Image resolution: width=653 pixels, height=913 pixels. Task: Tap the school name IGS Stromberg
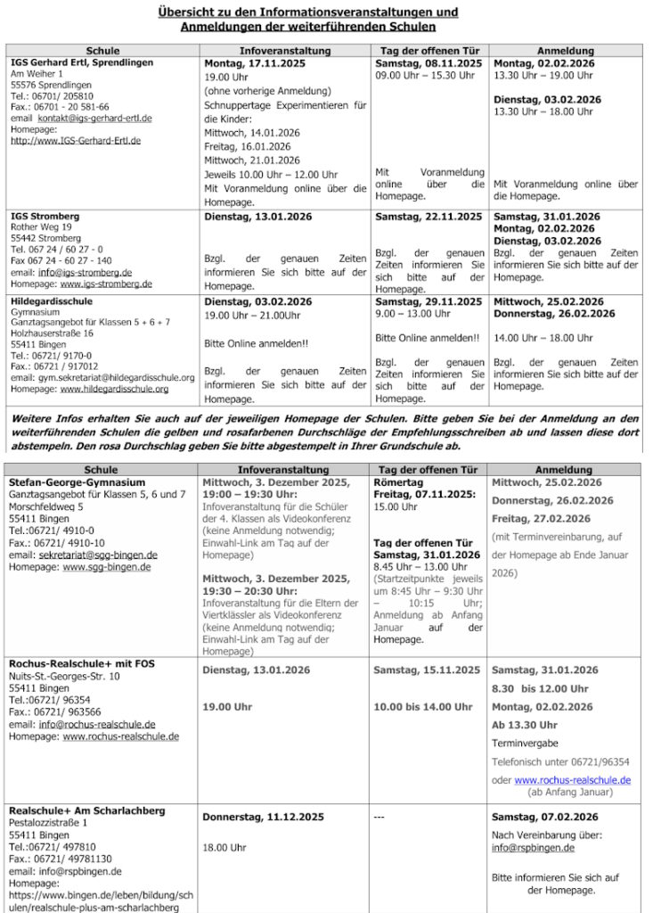coord(45,217)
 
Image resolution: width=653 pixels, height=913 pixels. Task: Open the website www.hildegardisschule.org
coord(114,389)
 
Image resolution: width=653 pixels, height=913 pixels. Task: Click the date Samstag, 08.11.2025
coord(429,64)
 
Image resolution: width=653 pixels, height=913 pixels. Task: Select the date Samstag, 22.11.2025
coord(429,217)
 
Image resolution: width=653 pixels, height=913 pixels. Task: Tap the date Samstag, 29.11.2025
coord(429,302)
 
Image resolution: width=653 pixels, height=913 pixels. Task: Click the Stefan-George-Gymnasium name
coord(78,482)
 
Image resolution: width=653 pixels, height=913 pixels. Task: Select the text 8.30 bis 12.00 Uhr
coord(540,688)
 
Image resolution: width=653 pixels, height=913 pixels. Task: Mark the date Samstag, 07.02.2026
coord(545,817)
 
